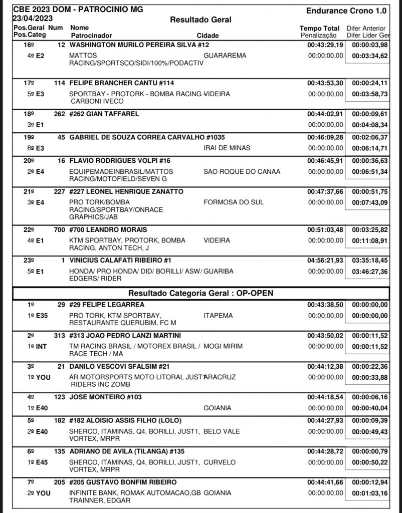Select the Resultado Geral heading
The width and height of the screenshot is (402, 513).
coord(200,20)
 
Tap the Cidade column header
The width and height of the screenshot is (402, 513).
coord(208,36)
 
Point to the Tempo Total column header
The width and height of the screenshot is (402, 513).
coord(319,29)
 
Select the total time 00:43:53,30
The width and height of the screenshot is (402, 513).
coord(325,83)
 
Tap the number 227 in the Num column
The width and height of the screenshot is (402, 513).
coord(59,192)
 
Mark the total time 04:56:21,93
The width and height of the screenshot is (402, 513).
coord(325,261)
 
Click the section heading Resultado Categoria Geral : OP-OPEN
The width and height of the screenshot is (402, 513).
coord(200,293)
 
